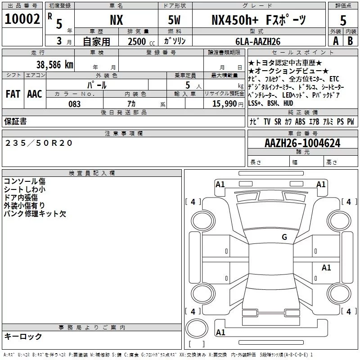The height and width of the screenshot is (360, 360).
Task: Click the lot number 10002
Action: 22,19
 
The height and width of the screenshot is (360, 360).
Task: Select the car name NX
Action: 117,20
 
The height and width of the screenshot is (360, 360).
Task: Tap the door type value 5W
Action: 174,20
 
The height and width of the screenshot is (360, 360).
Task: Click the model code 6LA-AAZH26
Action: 258,41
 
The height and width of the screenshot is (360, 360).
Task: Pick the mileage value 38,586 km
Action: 55,65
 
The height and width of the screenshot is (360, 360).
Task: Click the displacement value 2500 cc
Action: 141,41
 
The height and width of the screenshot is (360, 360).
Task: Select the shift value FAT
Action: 13,94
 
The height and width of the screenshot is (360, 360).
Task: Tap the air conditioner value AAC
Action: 35,94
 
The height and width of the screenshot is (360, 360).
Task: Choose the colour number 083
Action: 75,104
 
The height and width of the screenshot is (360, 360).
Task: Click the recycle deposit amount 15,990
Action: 225,104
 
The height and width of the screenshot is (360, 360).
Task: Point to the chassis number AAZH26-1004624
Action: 302,143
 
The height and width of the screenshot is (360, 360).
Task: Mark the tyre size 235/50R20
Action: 39,143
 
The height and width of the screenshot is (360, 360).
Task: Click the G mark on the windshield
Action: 284,237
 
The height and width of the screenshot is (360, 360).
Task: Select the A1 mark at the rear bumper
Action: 220,333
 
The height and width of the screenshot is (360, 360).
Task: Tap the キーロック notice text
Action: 23,337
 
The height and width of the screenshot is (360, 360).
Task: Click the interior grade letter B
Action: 350,41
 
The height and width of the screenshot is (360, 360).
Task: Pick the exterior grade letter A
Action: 336,41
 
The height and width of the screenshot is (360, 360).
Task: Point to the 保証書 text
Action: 15,121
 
